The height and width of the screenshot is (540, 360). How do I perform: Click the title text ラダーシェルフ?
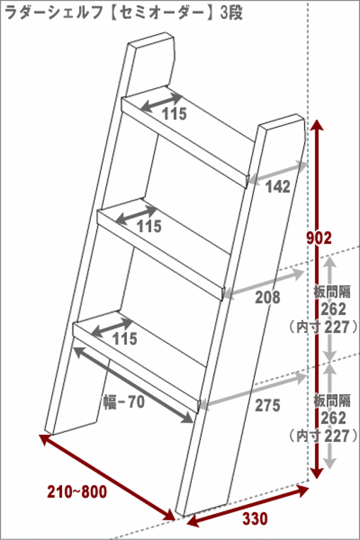pyautogui.click(x=54, y=12)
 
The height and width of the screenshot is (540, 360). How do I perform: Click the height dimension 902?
pyautogui.click(x=319, y=238)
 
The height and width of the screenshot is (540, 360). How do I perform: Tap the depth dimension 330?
pyautogui.click(x=255, y=518)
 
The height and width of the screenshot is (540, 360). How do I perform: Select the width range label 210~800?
pyautogui.click(x=77, y=492)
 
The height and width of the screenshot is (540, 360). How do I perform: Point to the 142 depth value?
pyautogui.click(x=278, y=187)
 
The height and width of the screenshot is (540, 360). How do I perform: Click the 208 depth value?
pyautogui.click(x=268, y=297)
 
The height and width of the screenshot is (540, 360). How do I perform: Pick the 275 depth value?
pyautogui.click(x=268, y=405)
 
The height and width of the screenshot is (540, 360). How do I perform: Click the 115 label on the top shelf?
pyautogui.click(x=174, y=114)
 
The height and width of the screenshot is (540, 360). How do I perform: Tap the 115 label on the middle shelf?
pyautogui.click(x=149, y=226)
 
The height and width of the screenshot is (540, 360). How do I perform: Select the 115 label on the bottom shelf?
pyautogui.click(x=125, y=339)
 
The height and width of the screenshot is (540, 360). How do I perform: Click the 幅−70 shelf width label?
pyautogui.click(x=124, y=402)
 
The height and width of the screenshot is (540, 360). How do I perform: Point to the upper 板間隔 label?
pyautogui.click(x=332, y=292)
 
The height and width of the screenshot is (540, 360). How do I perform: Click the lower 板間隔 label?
pyautogui.click(x=332, y=401)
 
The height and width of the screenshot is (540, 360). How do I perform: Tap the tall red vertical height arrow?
pyautogui.click(x=317, y=351)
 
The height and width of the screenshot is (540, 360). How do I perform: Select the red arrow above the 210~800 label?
pyautogui.click(x=107, y=477)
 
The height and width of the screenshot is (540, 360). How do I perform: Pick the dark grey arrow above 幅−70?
pyautogui.click(x=133, y=385)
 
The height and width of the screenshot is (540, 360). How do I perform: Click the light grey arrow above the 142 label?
pyautogui.click(x=277, y=173)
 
